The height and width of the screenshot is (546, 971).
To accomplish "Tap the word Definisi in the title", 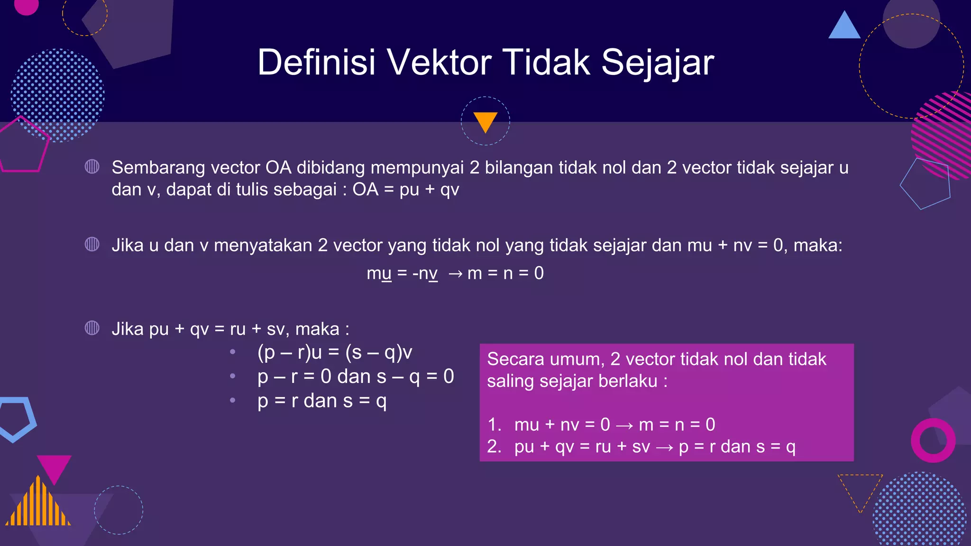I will [x=316, y=63].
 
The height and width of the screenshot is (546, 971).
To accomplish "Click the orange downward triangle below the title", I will [x=485, y=121].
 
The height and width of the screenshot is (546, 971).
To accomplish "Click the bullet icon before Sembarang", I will [x=92, y=167].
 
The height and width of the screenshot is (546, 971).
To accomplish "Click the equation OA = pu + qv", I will [x=405, y=190].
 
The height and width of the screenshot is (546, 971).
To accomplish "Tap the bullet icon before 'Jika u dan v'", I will [x=92, y=245].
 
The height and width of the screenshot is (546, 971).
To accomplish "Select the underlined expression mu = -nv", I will [x=402, y=273].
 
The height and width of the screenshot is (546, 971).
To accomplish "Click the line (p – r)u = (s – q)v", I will [x=334, y=353].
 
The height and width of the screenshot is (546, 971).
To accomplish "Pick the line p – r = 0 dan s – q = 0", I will [x=356, y=377].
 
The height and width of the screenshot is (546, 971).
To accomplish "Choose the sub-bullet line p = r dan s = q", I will [x=322, y=401].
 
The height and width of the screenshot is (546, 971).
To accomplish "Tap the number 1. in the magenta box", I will [x=495, y=425].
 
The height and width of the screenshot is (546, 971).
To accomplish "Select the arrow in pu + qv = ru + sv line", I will [x=664, y=447].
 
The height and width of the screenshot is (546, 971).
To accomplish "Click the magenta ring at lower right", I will [x=933, y=440].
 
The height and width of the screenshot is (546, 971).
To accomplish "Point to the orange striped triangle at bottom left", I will [x=38, y=505].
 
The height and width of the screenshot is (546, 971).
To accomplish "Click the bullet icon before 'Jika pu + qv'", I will [x=92, y=328].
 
